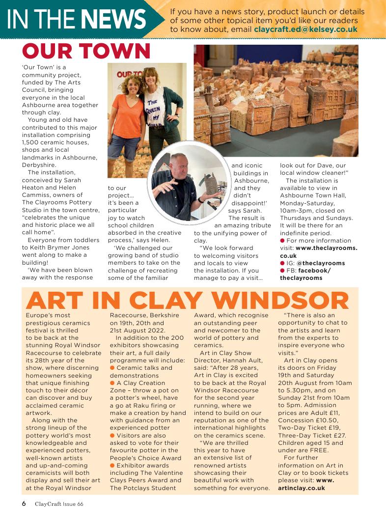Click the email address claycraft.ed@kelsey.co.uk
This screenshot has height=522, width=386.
[305, 29]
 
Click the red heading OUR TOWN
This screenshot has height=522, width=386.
[86, 51]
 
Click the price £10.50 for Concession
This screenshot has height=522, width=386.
[332, 420]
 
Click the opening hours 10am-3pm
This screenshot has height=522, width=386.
[298, 211]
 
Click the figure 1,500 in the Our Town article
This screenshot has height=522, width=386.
[31, 142]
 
